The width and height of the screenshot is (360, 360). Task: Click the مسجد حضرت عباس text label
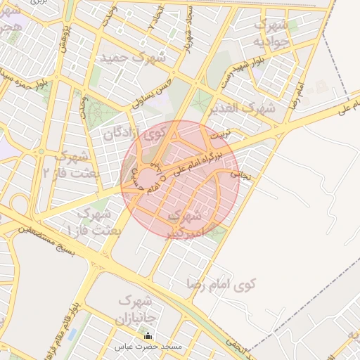coord(152,347)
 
